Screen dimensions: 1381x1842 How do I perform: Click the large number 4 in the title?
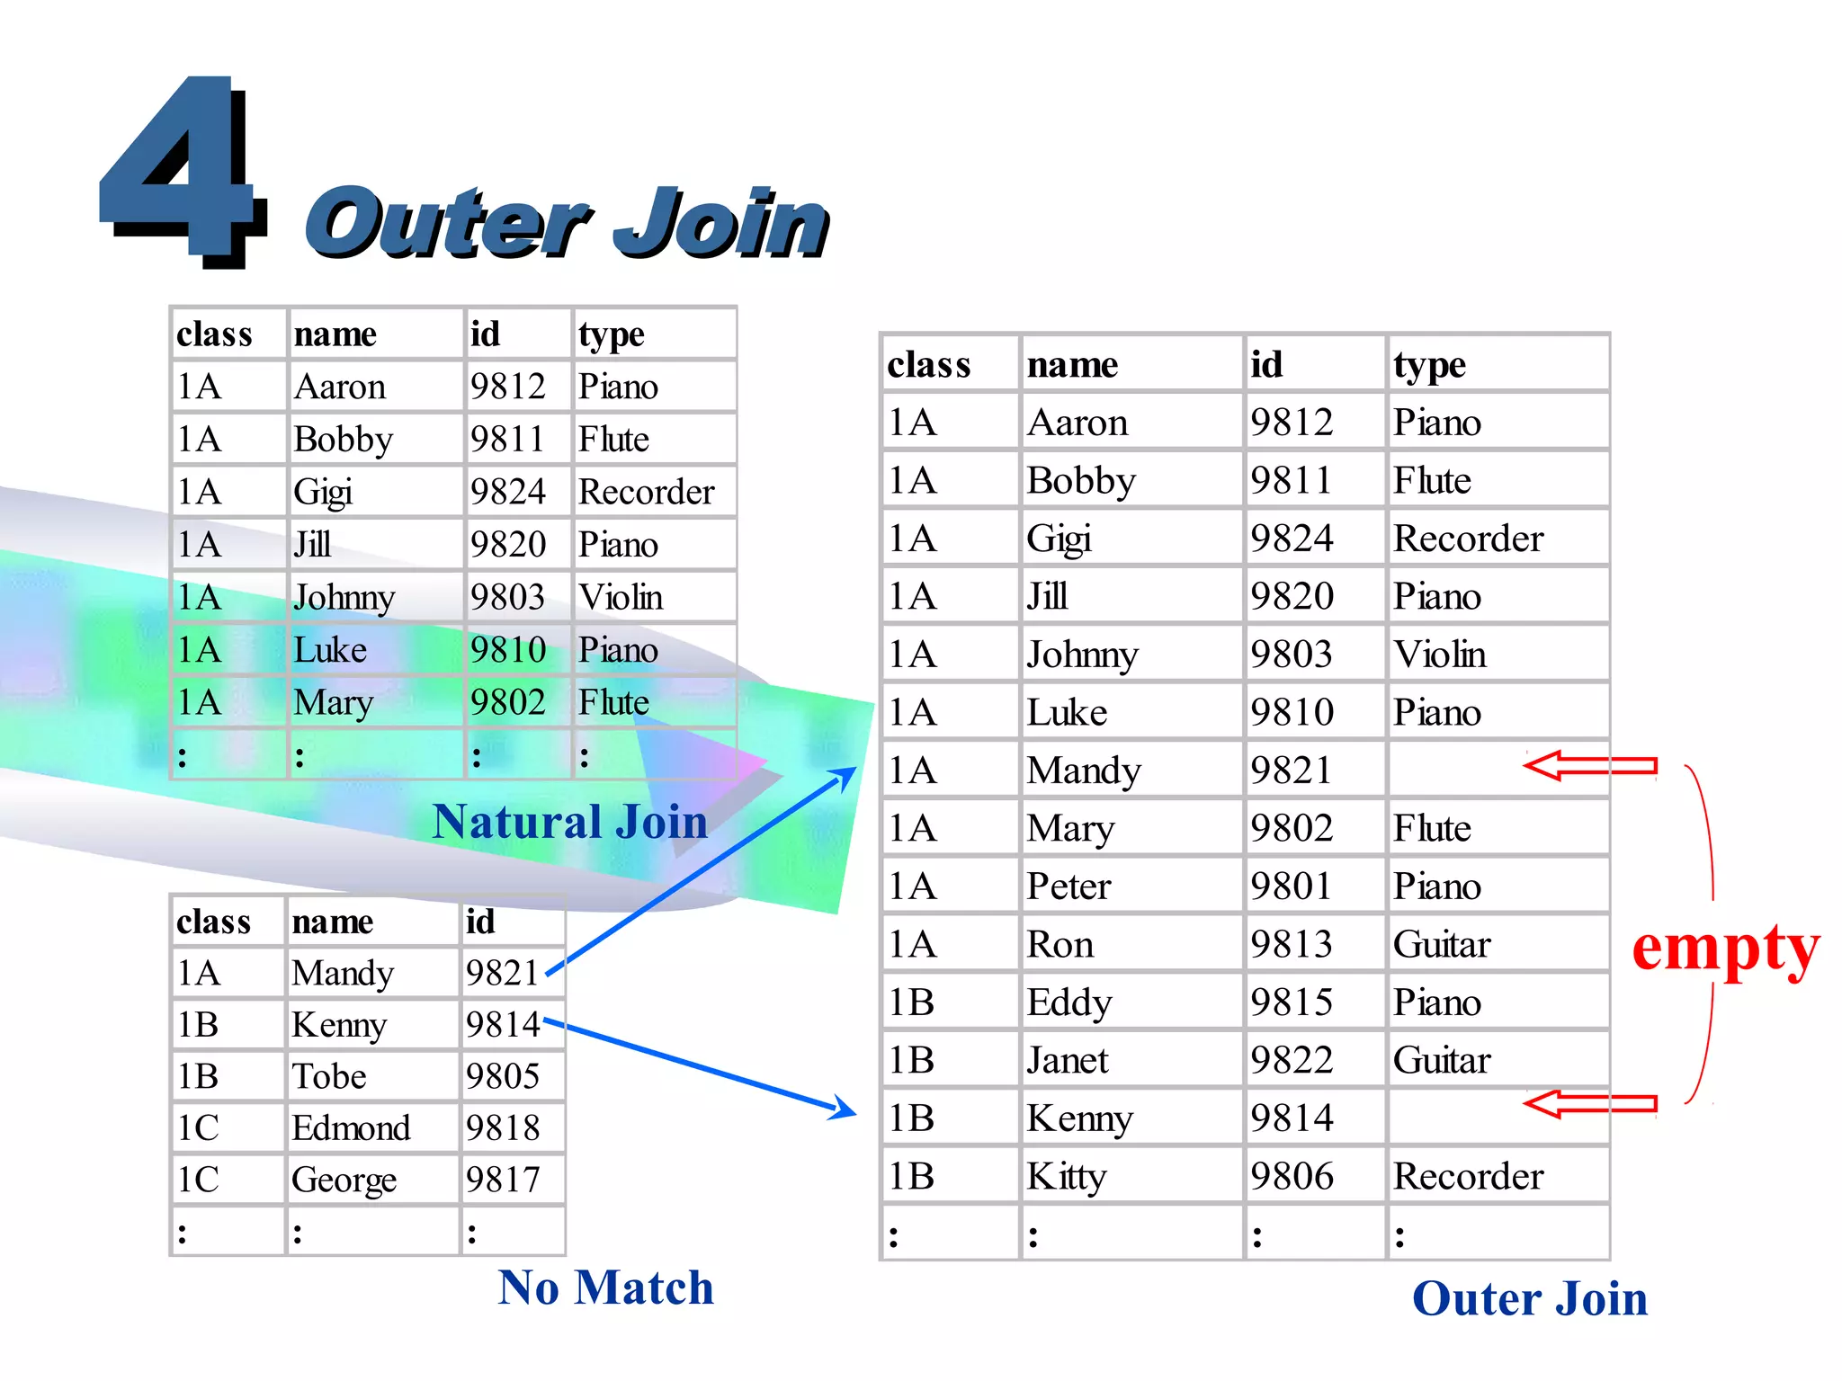[180, 171]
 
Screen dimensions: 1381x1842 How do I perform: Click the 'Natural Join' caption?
[569, 822]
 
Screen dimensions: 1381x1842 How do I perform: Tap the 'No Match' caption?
[605, 1287]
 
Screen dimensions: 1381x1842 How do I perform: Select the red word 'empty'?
[1725, 949]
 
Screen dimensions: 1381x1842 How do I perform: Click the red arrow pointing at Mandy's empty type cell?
[1590, 766]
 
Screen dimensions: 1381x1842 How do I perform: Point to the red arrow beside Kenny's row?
[1590, 1104]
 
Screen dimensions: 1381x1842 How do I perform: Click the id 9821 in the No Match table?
[502, 973]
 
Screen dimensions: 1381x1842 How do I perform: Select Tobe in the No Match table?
[329, 1076]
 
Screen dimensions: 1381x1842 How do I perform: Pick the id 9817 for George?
[503, 1180]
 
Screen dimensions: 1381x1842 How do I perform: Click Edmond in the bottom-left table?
[351, 1128]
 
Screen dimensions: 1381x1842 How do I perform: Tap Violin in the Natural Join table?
[621, 598]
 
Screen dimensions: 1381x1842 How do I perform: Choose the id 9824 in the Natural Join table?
[507, 493]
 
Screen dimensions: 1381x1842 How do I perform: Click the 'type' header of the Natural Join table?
[612, 335]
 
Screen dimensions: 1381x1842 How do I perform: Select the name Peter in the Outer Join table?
[1069, 887]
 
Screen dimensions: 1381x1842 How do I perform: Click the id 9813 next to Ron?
[1292, 945]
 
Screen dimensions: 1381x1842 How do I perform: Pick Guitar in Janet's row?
[1442, 1061]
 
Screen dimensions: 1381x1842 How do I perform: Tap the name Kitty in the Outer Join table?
[1067, 1176]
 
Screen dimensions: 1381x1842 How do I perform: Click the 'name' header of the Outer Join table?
[1072, 365]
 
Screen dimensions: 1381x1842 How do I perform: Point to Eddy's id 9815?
[1292, 1002]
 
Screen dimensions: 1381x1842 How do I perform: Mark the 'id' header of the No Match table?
[480, 922]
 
